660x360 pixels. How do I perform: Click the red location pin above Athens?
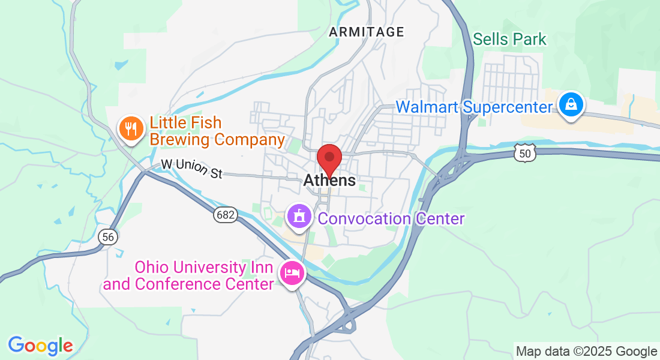329,158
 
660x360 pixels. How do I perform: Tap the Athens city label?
329,180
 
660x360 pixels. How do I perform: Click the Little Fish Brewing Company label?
216,131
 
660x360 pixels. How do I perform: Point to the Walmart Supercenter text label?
473,107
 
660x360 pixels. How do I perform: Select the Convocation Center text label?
391,218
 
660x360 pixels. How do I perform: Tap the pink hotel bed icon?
292,274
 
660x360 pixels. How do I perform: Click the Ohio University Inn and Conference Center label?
188,275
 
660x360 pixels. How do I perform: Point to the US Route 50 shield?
524,154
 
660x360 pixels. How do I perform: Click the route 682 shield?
226,214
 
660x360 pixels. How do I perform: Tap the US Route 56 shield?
107,237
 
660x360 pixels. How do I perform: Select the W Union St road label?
191,169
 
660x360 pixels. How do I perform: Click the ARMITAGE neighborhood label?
366,32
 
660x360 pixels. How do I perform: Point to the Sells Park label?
509,40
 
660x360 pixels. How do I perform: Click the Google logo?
40,346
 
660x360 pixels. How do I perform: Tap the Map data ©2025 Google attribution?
586,352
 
